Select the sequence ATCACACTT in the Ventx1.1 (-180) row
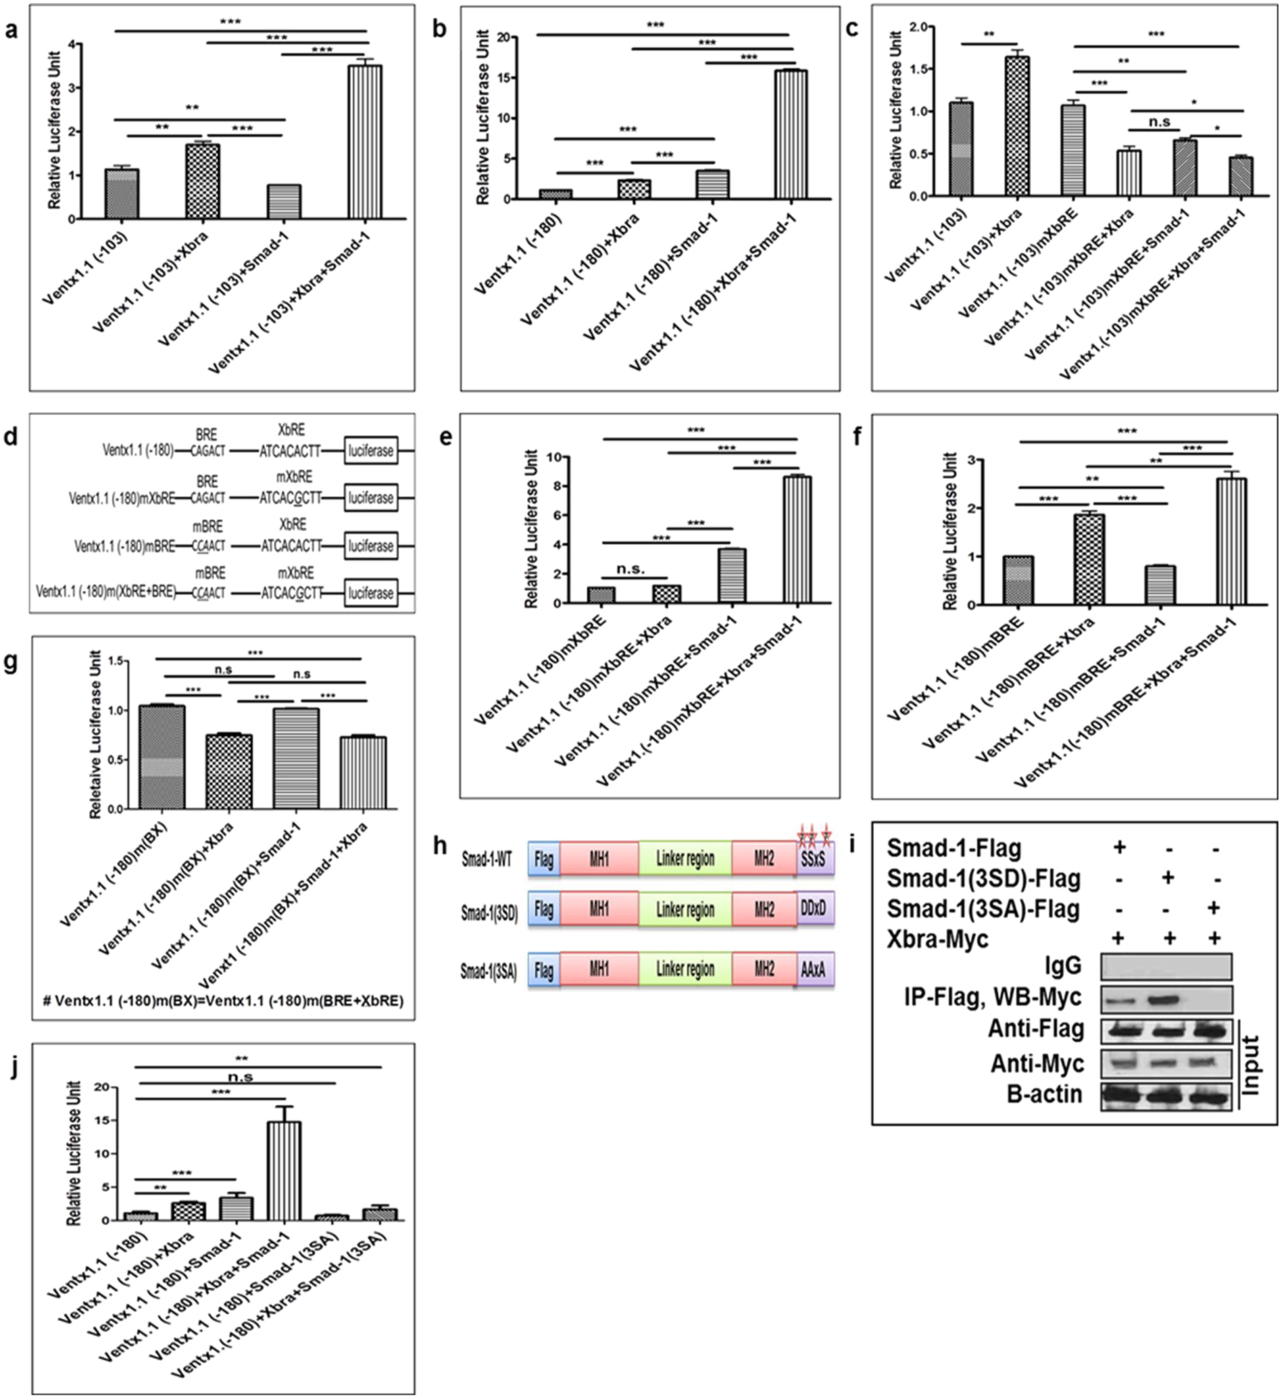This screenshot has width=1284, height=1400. (x=291, y=451)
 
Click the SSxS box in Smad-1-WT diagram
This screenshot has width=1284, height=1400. (x=815, y=859)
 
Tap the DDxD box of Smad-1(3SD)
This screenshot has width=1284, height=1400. (x=815, y=909)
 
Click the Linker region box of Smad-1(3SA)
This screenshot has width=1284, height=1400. (x=685, y=969)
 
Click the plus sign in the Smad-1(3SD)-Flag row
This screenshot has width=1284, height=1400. (x=1167, y=878)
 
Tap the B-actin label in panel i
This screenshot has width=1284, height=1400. (x=1044, y=1095)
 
